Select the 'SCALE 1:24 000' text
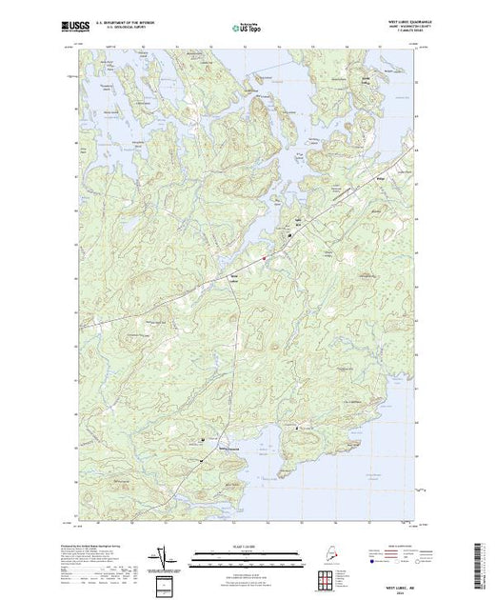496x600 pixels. click(247, 545)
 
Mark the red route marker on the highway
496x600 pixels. click(265, 255)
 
